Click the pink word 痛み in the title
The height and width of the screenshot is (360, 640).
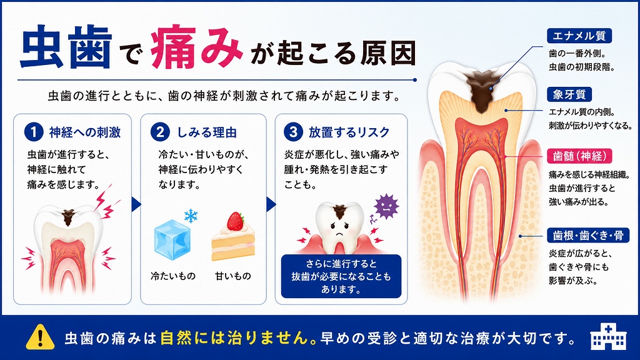(x=197, y=47)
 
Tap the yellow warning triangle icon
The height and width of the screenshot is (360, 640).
(x=40, y=337)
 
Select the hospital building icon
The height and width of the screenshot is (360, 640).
(x=608, y=337)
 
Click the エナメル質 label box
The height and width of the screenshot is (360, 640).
(x=579, y=36)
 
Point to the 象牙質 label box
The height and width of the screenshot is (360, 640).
(x=569, y=95)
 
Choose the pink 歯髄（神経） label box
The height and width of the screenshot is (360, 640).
(x=579, y=156)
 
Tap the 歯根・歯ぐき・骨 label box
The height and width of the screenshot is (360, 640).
(x=587, y=236)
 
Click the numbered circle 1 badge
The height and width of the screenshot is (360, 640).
(x=34, y=132)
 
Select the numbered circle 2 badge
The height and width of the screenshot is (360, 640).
(x=160, y=132)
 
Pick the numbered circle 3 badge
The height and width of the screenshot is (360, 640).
(x=293, y=132)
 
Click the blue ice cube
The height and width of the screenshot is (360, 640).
(x=172, y=240)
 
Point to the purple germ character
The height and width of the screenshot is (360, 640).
(x=386, y=206)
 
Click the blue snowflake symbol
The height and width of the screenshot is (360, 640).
(x=191, y=216)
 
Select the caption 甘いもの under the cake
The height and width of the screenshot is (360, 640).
(x=233, y=276)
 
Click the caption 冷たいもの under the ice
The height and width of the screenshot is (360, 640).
(x=173, y=276)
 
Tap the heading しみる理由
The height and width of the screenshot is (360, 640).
(x=207, y=132)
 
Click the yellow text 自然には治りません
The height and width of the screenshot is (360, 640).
(x=234, y=337)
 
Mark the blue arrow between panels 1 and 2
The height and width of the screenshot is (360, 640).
(x=136, y=204)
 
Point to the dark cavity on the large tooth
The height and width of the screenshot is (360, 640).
(x=484, y=90)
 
